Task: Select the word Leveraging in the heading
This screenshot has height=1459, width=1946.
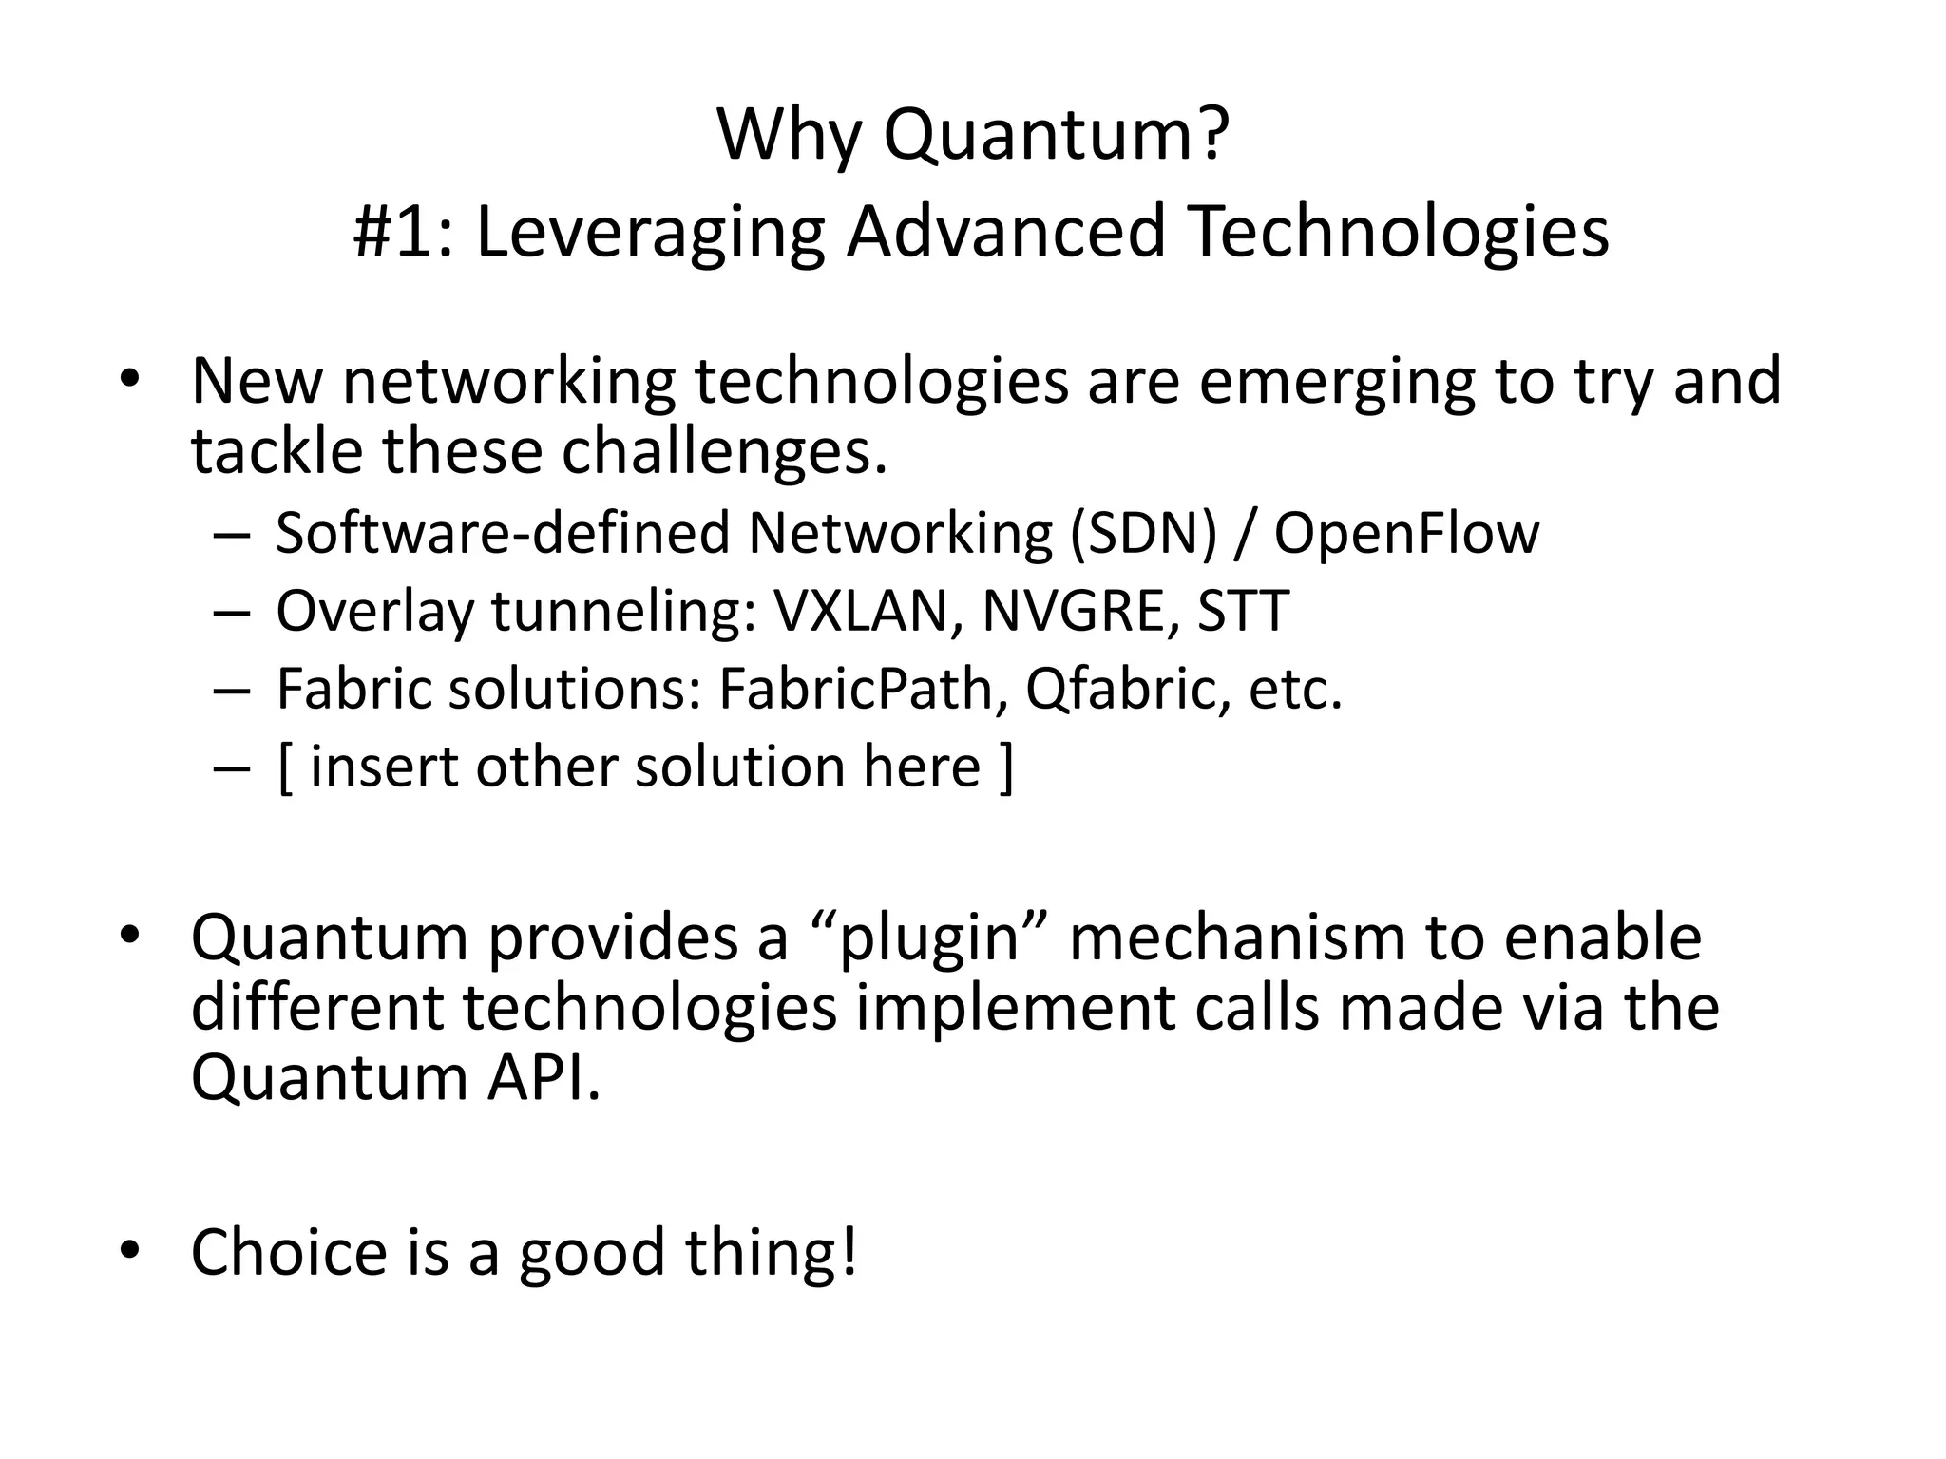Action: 650,234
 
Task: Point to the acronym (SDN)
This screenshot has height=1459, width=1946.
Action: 1143,534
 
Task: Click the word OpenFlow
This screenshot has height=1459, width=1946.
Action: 1406,534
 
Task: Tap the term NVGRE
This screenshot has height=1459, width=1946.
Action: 1074,611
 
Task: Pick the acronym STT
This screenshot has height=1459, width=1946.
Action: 1243,611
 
